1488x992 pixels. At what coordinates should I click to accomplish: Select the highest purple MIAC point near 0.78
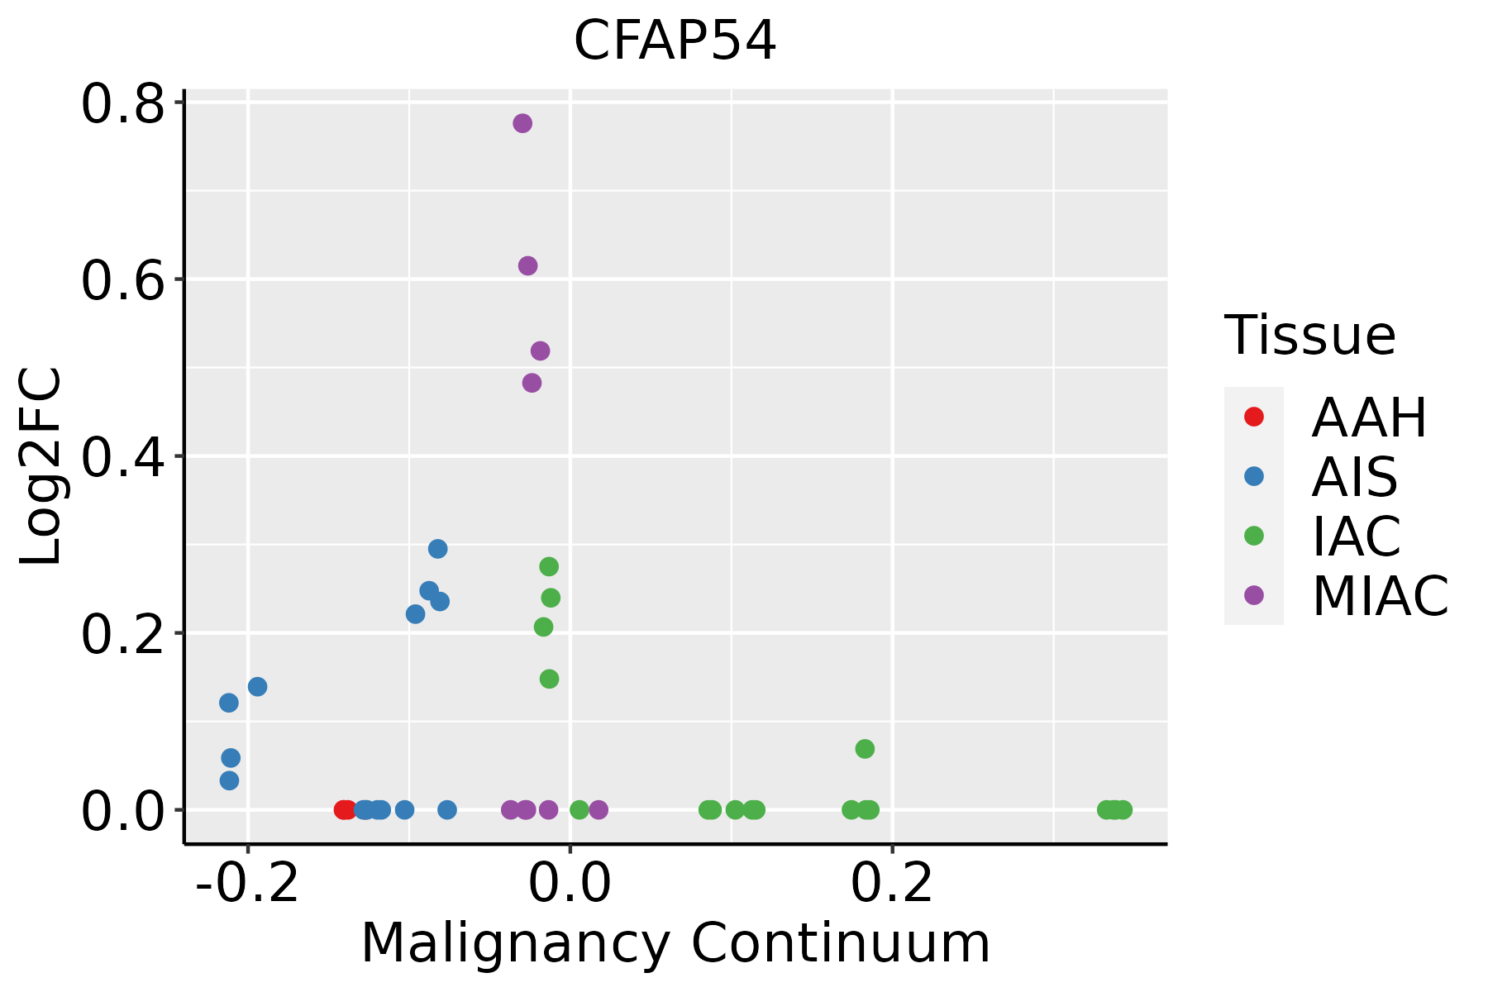(522, 123)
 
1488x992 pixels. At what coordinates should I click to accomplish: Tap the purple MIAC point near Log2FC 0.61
(527, 265)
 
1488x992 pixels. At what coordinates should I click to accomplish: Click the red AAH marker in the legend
(1253, 417)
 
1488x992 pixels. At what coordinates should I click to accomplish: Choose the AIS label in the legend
(1354, 477)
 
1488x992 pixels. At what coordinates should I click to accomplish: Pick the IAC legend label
(1356, 537)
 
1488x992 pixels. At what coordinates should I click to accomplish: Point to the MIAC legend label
(1380, 595)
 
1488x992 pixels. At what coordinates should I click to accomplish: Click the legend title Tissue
(1309, 336)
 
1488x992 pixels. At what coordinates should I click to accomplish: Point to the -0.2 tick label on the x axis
(246, 884)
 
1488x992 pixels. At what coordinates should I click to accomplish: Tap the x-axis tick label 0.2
(892, 884)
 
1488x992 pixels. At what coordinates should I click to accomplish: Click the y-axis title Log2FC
(41, 467)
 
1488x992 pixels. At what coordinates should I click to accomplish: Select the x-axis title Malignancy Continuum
(675, 943)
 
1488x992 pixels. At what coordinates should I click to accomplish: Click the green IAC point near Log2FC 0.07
(865, 749)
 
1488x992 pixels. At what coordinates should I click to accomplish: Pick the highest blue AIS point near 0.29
(438, 549)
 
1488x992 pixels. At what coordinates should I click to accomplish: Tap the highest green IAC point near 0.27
(549, 566)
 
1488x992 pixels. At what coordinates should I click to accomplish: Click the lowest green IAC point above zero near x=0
(549, 679)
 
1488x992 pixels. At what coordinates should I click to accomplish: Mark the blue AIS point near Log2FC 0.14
(258, 686)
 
